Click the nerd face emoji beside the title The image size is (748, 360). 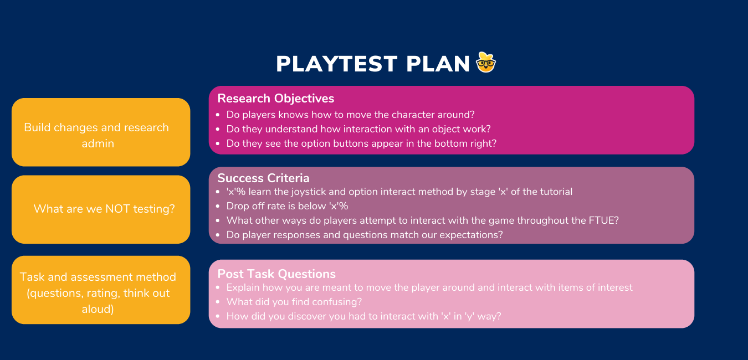(486, 63)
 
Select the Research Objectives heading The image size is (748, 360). (275, 99)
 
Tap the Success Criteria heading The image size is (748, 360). (263, 178)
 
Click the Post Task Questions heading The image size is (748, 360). (276, 274)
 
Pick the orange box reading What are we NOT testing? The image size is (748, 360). (101, 209)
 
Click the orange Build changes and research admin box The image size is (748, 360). (101, 132)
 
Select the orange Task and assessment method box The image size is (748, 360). (101, 290)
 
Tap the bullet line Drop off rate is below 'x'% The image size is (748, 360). (287, 206)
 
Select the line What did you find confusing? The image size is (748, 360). (294, 302)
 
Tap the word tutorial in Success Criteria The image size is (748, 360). (554, 192)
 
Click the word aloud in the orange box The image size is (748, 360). (98, 309)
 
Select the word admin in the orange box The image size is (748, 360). (98, 143)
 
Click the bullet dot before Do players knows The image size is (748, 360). (218, 115)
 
